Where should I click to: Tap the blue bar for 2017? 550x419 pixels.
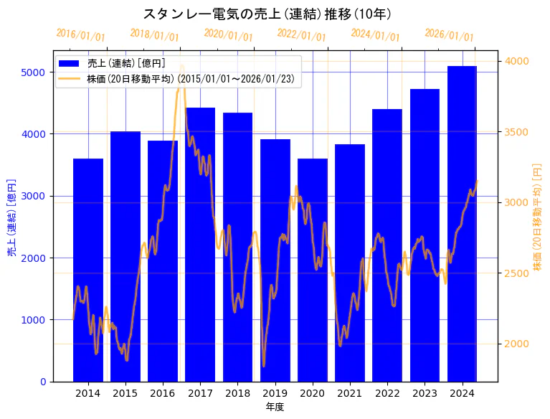(x=200, y=244)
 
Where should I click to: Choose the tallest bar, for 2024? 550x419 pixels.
(x=462, y=223)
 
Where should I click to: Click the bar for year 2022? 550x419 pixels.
(x=387, y=245)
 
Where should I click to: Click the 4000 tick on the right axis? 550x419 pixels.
(x=516, y=61)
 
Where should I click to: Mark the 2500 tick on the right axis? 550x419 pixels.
(x=516, y=273)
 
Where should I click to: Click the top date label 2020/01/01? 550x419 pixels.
(x=228, y=34)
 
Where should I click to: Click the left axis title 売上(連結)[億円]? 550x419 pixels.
(x=11, y=217)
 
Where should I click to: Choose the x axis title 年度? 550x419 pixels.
(x=275, y=407)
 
